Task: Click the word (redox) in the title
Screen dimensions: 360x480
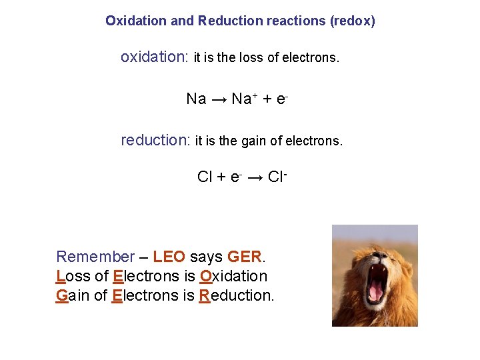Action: coord(352,21)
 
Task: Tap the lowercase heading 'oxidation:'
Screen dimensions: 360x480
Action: coord(155,57)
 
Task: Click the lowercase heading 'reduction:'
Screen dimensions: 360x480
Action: coord(155,140)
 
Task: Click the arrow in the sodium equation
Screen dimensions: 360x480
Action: coord(219,99)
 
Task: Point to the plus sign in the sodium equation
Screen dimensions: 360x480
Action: coord(267,99)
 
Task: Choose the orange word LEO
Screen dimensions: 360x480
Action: coord(169,257)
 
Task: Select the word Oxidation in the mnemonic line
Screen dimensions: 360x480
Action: coord(233,276)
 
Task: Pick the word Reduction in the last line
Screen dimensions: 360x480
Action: coord(236,295)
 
